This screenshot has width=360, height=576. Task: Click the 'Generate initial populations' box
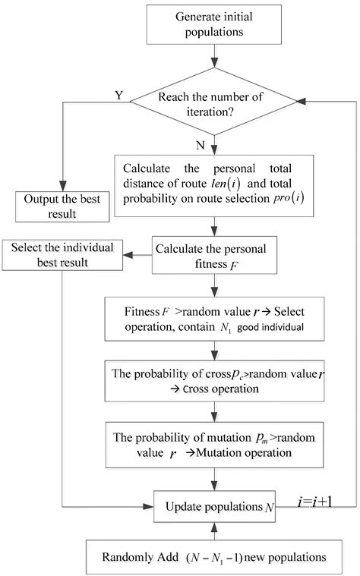[216, 24]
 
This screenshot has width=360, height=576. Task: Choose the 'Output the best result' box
[61, 207]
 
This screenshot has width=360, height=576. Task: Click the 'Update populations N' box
[215, 505]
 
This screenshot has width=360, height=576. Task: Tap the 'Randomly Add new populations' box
[215, 556]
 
